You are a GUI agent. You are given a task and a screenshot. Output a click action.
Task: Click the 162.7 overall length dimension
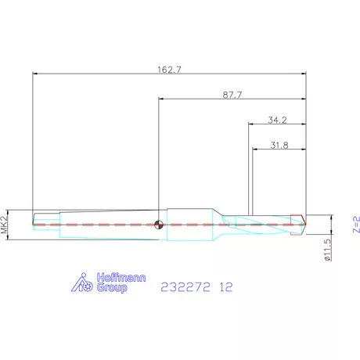169,70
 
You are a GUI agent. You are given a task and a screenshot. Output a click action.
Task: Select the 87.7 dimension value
232,95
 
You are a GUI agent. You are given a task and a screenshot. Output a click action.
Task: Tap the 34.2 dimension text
277,120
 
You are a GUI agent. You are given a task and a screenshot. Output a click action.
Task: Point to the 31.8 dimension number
279,145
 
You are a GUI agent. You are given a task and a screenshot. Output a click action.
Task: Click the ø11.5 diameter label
328,250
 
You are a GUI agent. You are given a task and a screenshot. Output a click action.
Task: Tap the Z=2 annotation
356,225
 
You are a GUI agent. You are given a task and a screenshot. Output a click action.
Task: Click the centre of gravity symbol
159,225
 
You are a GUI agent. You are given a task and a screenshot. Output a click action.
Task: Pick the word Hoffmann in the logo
121,278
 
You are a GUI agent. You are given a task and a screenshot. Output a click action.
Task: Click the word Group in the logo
112,287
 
